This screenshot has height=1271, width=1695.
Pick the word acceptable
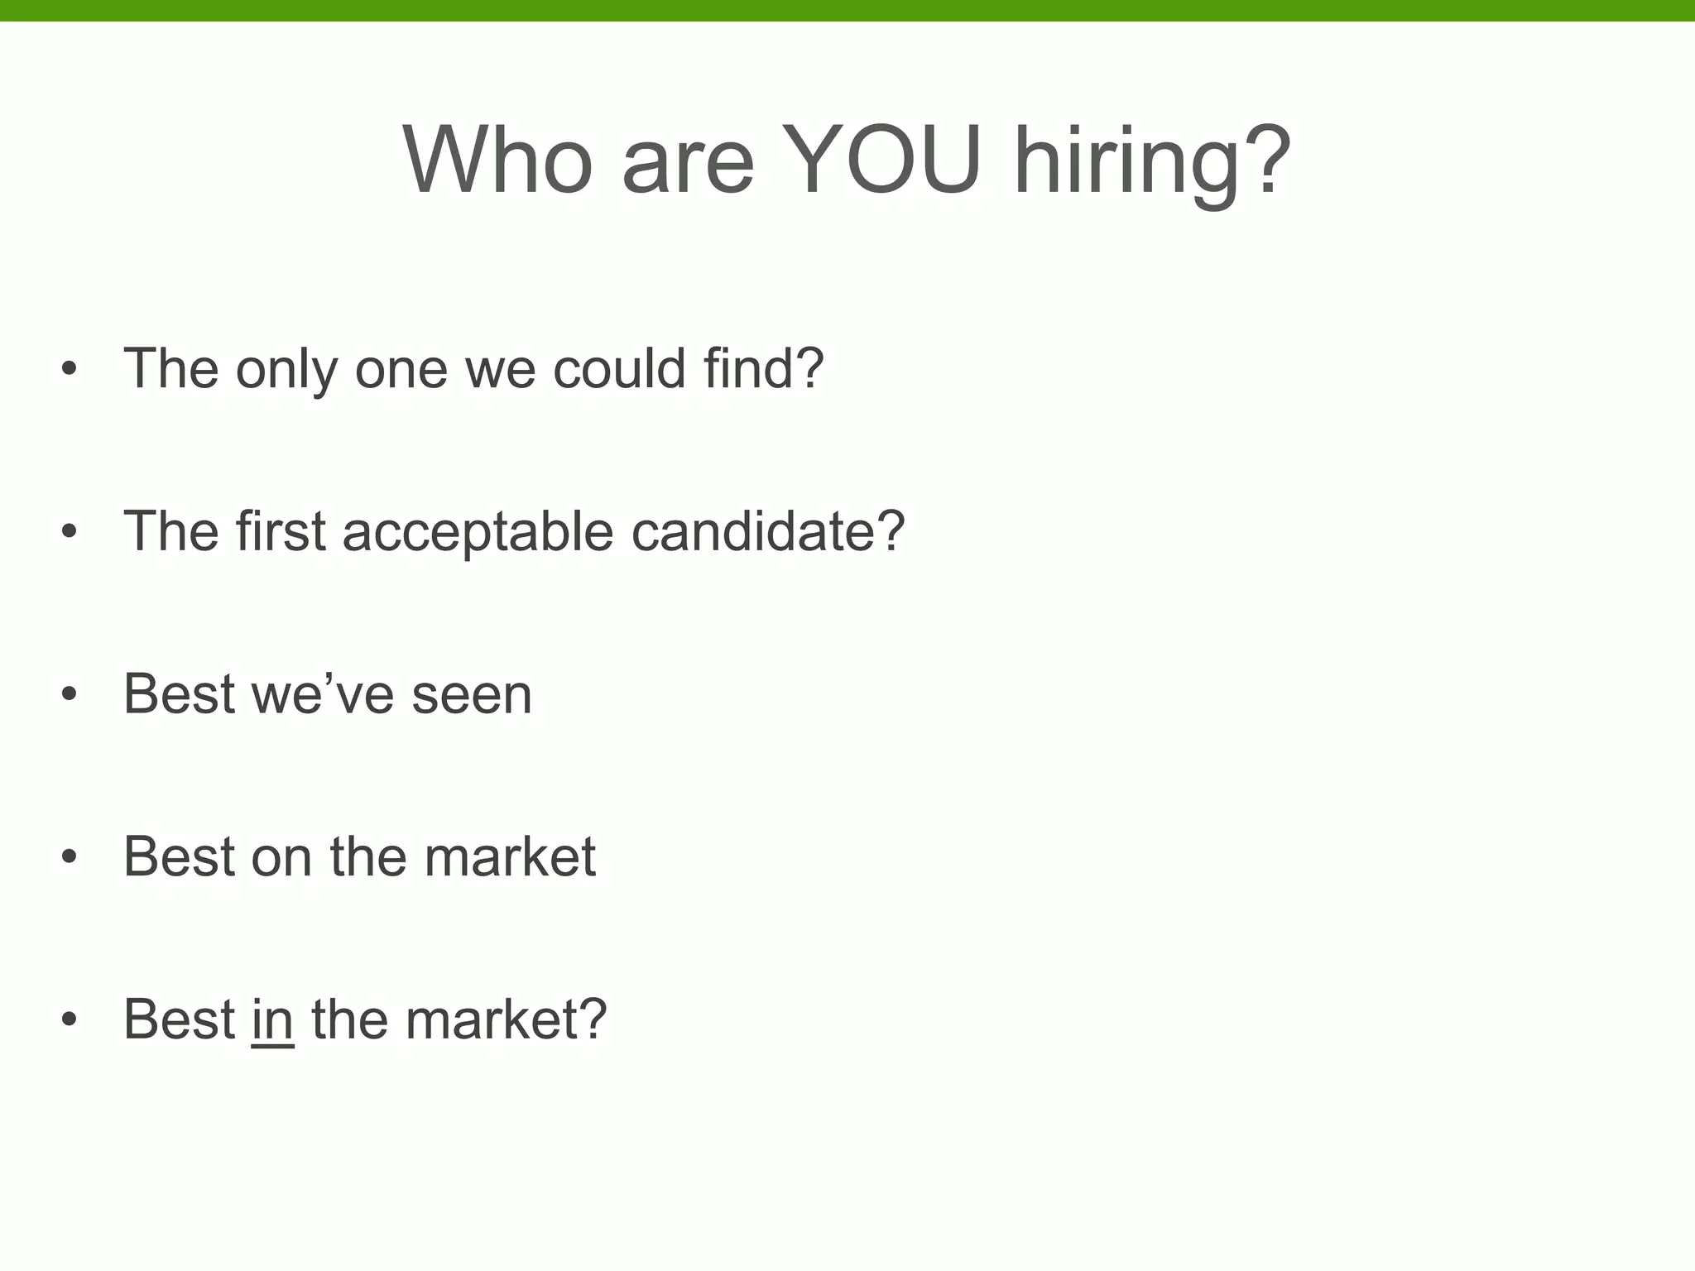pos(478,532)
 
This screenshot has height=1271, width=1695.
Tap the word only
pos(286,369)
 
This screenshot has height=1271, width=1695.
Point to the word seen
pos(472,695)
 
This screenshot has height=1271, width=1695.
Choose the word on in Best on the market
pos(281,857)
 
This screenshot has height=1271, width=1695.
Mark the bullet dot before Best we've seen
pos(70,693)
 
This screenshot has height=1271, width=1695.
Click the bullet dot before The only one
pos(70,367)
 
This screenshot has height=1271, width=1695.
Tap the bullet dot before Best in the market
pos(70,1019)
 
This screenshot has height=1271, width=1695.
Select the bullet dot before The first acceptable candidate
pos(70,530)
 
